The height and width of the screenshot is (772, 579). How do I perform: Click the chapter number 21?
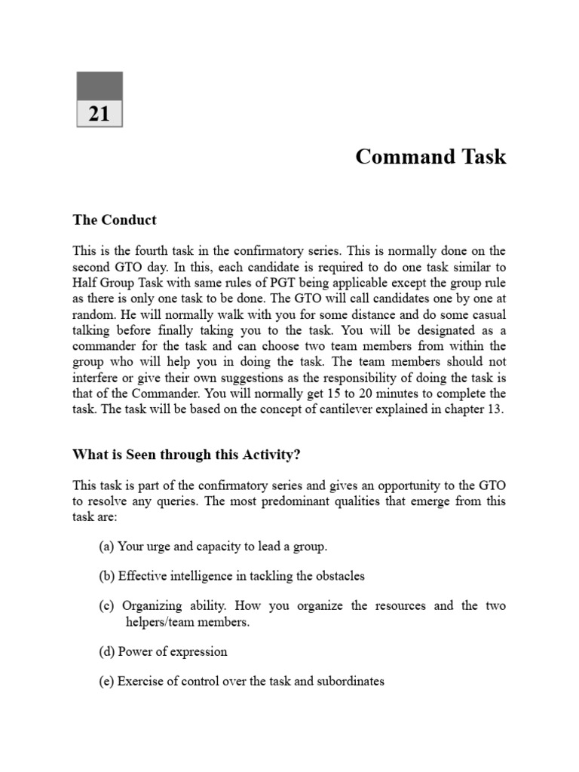(100, 114)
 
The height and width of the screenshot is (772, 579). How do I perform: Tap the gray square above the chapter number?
(100, 86)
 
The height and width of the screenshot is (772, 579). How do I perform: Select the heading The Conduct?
(115, 220)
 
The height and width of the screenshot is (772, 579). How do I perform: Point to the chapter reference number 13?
(498, 409)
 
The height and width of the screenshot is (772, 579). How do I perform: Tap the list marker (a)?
(106, 547)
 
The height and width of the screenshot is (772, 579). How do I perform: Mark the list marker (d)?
(106, 651)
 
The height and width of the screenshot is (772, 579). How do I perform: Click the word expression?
(197, 651)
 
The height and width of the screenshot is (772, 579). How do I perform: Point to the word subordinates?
(348, 681)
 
